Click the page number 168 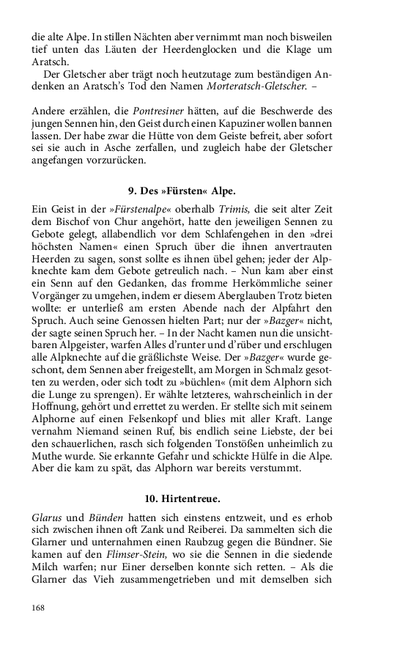point(39,608)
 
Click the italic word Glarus point(47,519)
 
